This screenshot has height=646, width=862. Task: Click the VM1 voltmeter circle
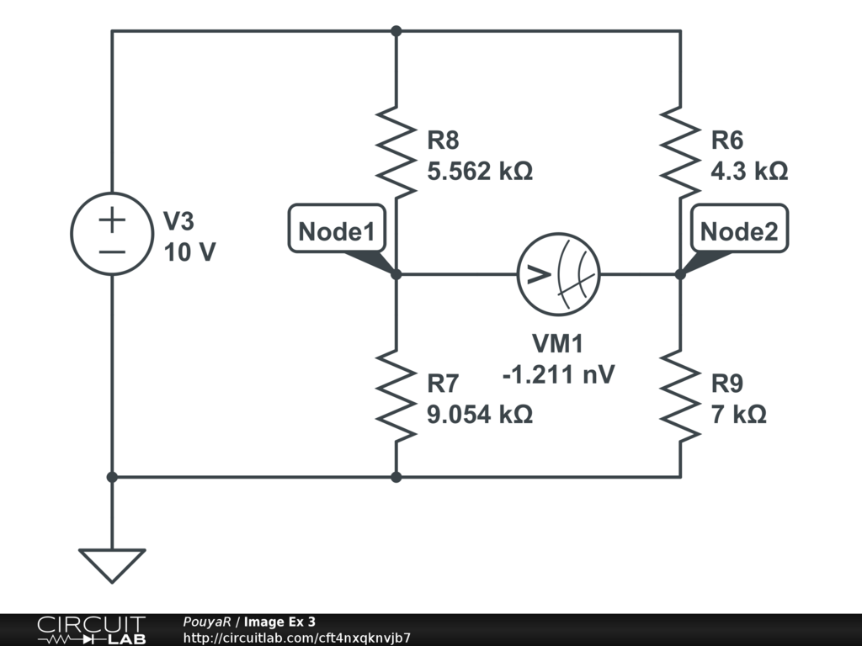click(556, 274)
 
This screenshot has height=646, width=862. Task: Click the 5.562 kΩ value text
click(480, 172)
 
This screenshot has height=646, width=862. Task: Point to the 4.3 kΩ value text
click(749, 172)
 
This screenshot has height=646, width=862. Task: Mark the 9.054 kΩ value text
click(480, 415)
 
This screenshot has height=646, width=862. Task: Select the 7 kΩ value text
click(739, 415)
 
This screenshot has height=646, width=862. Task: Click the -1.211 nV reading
click(557, 373)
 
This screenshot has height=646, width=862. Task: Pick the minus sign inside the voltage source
click(112, 251)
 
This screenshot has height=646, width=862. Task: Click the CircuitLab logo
click(91, 630)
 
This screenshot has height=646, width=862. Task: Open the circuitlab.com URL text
click(296, 638)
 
